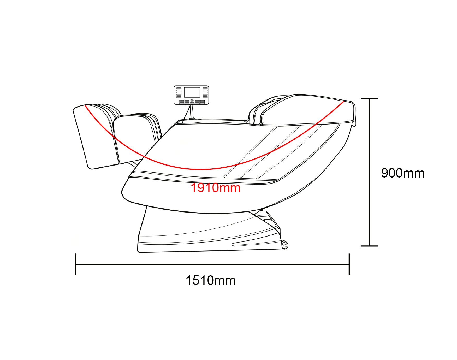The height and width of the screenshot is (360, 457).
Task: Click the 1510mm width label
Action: click(211, 281)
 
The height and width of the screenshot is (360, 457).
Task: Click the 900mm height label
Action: click(403, 173)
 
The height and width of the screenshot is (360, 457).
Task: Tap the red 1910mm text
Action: click(216, 188)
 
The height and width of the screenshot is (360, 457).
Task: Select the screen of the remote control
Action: click(192, 92)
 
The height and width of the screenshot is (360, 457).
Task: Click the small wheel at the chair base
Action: click(285, 245)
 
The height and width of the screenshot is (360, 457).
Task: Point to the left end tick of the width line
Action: click(76, 264)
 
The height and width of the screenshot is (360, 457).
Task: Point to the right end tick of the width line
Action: click(349, 264)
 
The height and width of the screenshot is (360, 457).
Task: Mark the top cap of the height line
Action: click(369, 98)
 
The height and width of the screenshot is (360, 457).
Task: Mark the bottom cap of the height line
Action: click(369, 246)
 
